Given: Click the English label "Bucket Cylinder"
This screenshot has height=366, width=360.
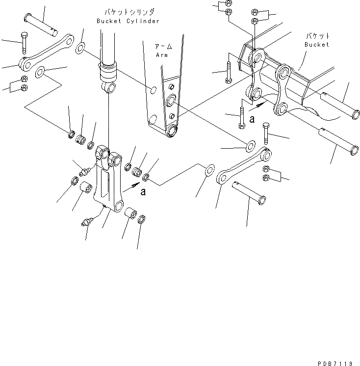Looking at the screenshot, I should click(128, 21).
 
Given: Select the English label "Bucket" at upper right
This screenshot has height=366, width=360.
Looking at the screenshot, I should click(316, 45).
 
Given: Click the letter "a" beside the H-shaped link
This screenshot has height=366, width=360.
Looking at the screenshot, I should click(143, 192).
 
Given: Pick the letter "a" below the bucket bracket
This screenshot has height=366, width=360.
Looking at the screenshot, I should click(252, 118).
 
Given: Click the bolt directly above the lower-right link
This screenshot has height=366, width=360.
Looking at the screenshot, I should click(265, 134).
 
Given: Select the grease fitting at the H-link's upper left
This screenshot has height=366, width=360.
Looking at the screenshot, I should click(84, 170).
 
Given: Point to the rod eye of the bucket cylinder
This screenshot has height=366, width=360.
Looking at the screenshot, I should click(110, 88).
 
